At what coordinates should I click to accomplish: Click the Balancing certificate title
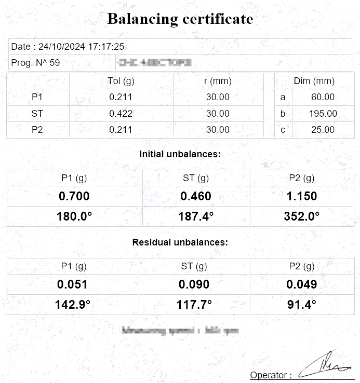point(180,19)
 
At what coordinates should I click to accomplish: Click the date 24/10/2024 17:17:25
point(68,46)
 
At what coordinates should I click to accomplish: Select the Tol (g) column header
point(121,81)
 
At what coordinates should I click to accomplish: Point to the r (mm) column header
point(218,81)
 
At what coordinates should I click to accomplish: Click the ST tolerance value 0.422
point(121,113)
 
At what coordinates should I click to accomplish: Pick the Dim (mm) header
point(314,81)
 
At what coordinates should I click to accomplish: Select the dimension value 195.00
point(323,113)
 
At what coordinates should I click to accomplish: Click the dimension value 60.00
point(323,97)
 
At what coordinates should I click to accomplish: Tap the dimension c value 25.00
point(323,130)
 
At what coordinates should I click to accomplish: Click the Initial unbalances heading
point(180,154)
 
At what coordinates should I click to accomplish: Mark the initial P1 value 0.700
point(74,196)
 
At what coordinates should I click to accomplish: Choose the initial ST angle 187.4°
point(196,216)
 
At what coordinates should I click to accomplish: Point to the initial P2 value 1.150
point(302,196)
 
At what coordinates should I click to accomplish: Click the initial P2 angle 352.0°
point(302,216)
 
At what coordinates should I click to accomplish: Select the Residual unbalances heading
point(180,242)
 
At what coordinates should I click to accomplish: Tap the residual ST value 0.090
point(194,284)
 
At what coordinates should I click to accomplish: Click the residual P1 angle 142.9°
point(73,305)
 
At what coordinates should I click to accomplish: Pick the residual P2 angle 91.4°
point(302,305)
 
